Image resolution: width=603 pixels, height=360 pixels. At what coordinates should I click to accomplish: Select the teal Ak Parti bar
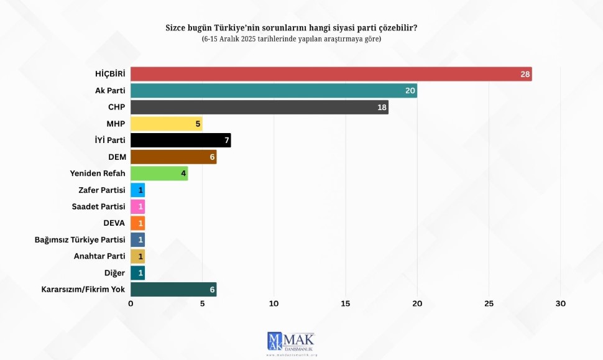[274, 91]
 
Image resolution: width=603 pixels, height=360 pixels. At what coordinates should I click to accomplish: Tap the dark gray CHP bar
[259, 107]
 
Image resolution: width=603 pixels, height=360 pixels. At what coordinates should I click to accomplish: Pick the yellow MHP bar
[166, 124]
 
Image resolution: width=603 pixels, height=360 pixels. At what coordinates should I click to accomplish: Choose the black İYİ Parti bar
[180, 140]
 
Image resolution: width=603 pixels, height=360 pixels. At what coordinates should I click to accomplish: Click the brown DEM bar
[173, 157]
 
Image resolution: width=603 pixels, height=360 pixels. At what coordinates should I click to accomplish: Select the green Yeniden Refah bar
[159, 173]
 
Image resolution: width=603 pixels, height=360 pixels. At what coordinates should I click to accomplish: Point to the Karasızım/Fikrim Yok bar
[173, 289]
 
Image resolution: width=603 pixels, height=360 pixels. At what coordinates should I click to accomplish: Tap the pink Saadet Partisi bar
[137, 206]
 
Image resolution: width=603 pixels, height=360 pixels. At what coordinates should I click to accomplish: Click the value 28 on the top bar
[525, 75]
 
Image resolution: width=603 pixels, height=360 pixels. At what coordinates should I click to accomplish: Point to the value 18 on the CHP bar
[382, 108]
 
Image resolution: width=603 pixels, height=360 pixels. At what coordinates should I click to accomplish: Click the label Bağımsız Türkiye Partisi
[80, 239]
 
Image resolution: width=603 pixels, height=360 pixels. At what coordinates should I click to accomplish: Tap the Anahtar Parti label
[99, 256]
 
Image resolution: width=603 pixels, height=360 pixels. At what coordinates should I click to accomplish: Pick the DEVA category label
[114, 223]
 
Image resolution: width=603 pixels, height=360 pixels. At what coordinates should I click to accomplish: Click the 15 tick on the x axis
[346, 303]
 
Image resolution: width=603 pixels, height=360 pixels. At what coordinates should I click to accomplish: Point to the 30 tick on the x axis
[561, 303]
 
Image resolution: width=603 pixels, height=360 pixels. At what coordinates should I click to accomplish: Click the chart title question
[291, 28]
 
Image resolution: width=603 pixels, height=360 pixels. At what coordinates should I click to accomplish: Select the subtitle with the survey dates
[291, 39]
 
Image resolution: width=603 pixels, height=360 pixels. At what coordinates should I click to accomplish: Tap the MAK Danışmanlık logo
[291, 343]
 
